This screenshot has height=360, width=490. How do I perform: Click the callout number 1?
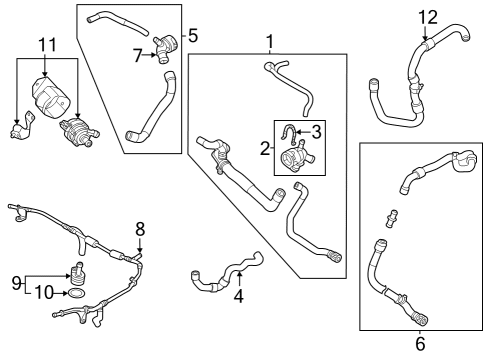(269, 41)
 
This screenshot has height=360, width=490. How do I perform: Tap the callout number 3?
(317, 130)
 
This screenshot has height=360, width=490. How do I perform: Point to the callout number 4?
(237, 295)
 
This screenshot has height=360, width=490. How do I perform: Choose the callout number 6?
(419, 344)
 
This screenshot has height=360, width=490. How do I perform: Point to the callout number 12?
(428, 17)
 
